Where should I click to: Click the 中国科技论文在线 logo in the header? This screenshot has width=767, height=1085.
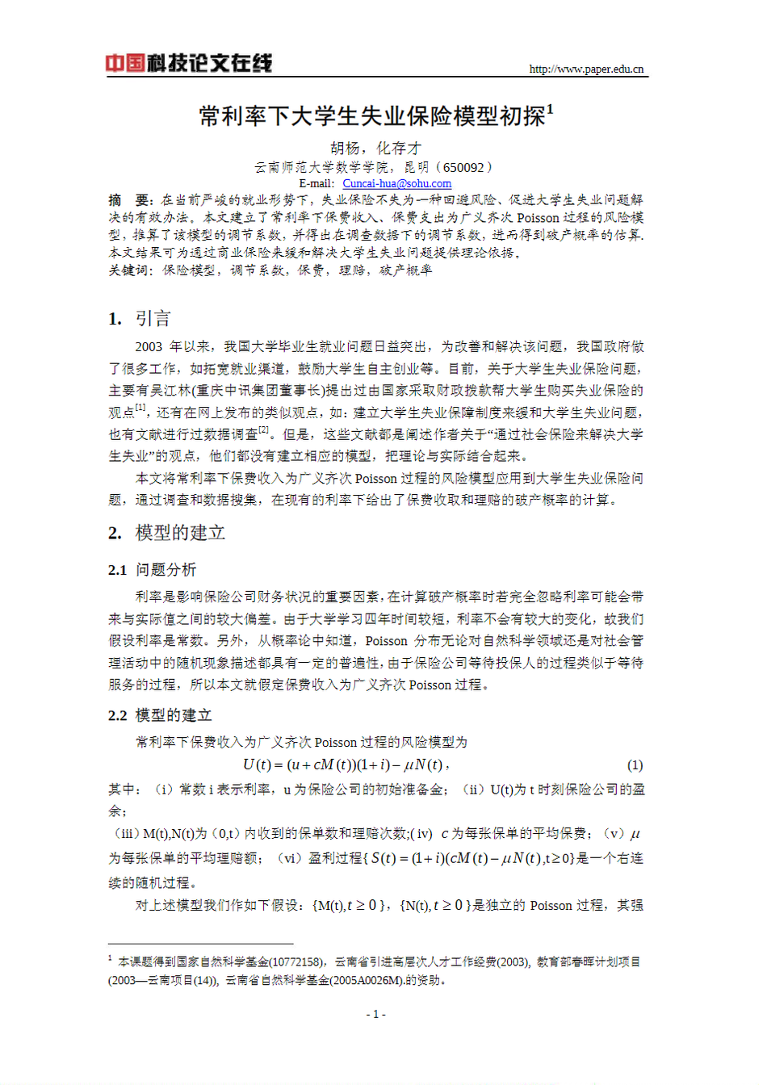189,63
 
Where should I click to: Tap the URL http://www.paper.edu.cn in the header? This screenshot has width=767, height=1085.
586,69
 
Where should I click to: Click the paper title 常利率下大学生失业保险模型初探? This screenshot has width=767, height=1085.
372,116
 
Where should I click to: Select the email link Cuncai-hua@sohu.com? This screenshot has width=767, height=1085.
396,183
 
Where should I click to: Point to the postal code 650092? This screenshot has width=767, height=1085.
463,167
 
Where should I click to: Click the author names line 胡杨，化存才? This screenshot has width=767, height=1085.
376,148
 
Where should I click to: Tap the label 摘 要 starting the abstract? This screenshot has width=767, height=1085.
130,199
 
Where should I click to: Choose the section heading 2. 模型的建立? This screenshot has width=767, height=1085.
167,533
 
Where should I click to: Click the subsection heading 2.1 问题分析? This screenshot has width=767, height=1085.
153,570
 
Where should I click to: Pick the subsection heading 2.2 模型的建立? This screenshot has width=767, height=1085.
160,715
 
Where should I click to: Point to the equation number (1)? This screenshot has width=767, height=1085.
635,765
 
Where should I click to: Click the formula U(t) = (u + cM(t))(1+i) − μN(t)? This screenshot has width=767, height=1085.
345,765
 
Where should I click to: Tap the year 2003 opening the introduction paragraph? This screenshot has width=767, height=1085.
149,346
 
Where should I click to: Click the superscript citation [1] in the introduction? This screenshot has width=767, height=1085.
140,407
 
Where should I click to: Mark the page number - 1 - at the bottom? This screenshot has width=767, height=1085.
375,1014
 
